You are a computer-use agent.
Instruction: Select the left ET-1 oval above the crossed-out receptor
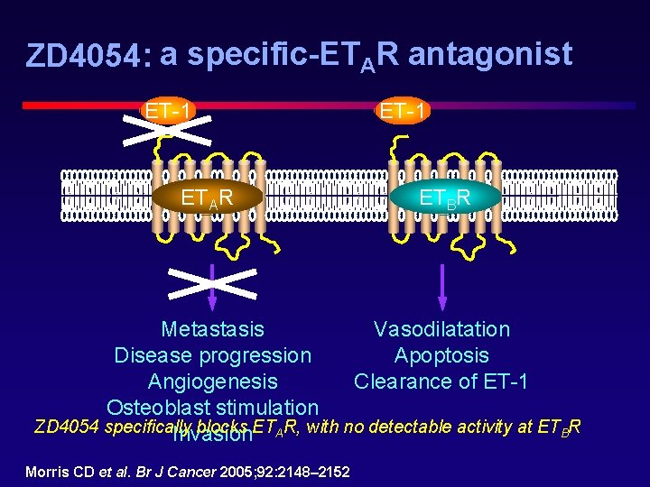[x=169, y=112]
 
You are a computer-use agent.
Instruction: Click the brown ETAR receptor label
[x=208, y=198]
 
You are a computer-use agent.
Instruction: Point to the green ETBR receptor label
[x=444, y=198]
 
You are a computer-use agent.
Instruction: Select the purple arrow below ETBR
[x=442, y=289]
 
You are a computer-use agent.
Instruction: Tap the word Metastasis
[x=212, y=330]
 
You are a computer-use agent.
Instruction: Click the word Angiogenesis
[x=212, y=381]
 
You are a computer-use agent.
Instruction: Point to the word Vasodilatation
[x=441, y=330]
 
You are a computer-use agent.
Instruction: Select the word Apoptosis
[x=441, y=356]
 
